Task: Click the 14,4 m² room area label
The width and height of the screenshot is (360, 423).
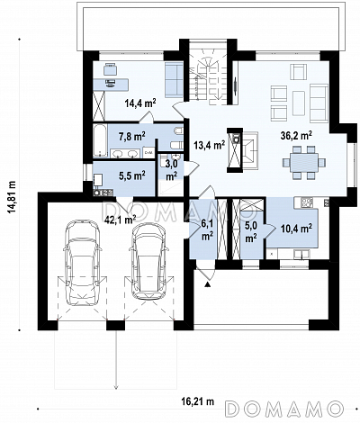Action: coord(140,103)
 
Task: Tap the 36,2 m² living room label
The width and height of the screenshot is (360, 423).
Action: coord(296,136)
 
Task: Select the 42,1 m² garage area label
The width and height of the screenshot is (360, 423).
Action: coord(120,220)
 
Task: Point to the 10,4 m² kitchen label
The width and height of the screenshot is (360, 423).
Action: coord(296,229)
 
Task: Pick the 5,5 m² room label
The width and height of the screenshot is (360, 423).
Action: coord(132,175)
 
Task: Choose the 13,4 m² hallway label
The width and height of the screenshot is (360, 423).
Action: coord(210,146)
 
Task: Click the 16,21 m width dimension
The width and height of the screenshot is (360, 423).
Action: coord(198,401)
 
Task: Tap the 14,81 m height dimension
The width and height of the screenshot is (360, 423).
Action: coord(13,197)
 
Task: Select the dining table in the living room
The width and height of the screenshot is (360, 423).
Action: coord(303,163)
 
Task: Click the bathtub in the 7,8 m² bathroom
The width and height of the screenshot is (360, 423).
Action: coord(100,141)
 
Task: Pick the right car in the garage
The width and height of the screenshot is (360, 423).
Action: coord(148,261)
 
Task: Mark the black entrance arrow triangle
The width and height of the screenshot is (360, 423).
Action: coord(208,283)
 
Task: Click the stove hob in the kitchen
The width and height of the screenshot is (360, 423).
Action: coord(307,202)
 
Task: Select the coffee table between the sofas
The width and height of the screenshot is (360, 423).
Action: coord(299,103)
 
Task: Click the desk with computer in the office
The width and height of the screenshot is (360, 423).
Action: coord(111,85)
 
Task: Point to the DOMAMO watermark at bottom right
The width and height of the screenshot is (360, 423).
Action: coord(283,408)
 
